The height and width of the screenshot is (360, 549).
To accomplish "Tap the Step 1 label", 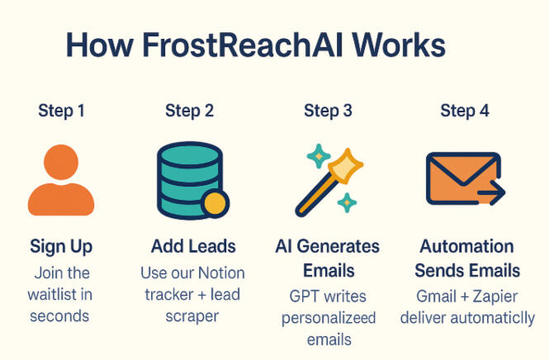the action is [x=61, y=111].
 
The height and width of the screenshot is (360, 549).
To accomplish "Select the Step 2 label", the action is [x=189, y=111].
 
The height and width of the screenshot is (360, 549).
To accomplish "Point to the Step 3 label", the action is [x=328, y=111].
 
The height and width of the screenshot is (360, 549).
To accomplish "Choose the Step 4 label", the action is [x=465, y=111].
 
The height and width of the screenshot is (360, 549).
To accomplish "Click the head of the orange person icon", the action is [x=61, y=162].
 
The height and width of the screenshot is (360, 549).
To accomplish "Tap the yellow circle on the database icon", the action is [x=215, y=204].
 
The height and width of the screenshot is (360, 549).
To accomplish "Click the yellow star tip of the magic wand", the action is [x=346, y=166].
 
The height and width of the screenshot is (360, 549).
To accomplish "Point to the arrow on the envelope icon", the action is [x=491, y=192].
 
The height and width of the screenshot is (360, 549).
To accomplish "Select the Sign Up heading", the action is [x=61, y=247].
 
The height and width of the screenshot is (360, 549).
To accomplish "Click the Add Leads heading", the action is [x=193, y=246].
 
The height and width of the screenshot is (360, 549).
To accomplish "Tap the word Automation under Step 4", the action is [x=466, y=246].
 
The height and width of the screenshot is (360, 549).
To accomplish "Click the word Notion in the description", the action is [x=221, y=273].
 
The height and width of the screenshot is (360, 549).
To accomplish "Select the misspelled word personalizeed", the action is [x=329, y=319].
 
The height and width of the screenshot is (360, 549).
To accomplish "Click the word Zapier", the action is [x=495, y=297].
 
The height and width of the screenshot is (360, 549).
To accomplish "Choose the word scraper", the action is [x=192, y=316].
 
